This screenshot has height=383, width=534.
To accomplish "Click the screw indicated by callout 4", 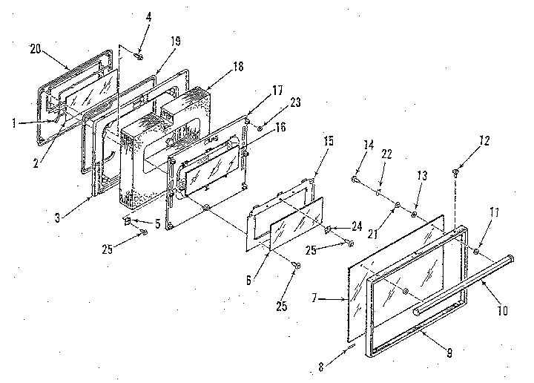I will tap(138, 53).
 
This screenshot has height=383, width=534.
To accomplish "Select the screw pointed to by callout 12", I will tap(453, 173).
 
